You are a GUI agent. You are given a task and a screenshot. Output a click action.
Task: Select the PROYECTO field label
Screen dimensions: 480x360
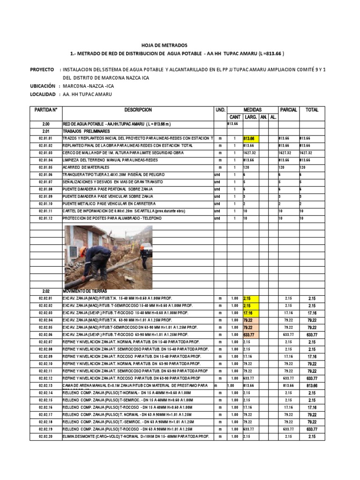coord(42,69)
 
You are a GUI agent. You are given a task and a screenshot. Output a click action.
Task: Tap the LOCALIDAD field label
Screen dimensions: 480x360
coord(43,94)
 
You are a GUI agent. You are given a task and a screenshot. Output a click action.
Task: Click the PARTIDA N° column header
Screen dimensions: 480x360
coord(45,110)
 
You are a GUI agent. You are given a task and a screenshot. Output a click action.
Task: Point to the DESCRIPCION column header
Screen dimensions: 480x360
coord(138,110)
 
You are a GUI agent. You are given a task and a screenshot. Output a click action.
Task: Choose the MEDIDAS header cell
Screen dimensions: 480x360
coord(252,110)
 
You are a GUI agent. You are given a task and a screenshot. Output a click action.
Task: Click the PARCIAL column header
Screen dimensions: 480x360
coord(288,110)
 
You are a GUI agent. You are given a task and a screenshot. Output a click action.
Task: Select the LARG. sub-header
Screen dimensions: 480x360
coord(251,117)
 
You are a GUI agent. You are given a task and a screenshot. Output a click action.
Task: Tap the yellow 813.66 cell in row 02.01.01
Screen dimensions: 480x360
coord(250,139)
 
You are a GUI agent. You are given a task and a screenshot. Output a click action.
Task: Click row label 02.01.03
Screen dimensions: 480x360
coord(45,153)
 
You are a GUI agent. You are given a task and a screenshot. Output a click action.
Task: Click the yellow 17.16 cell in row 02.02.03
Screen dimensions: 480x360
coord(250,313)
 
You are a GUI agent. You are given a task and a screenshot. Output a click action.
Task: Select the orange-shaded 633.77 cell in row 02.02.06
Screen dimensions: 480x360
coord(250,335)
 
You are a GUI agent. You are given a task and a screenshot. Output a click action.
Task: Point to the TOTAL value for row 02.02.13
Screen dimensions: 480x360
coord(312,385)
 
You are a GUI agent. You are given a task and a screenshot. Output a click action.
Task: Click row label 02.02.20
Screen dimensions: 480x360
coord(45,436)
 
